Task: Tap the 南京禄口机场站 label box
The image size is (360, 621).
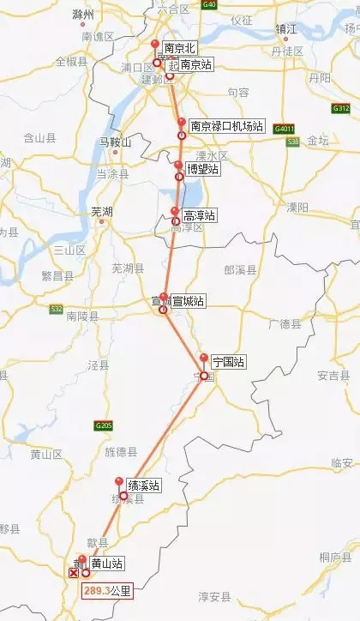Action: (226, 125)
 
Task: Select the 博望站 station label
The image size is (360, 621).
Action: (202, 170)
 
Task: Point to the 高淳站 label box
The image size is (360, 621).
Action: (200, 217)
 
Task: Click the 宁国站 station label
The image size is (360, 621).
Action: (228, 363)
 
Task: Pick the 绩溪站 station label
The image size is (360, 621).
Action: (143, 485)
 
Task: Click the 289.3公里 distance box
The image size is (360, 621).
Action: (107, 591)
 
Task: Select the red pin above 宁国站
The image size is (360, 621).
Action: (203, 359)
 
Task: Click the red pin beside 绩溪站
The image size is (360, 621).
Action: (118, 482)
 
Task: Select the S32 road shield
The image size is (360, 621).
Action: (57, 308)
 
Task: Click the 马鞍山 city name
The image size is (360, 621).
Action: (113, 142)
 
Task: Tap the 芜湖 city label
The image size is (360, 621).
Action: (103, 210)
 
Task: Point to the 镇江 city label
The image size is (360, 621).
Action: (285, 28)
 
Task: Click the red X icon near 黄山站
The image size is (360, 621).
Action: (73, 572)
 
